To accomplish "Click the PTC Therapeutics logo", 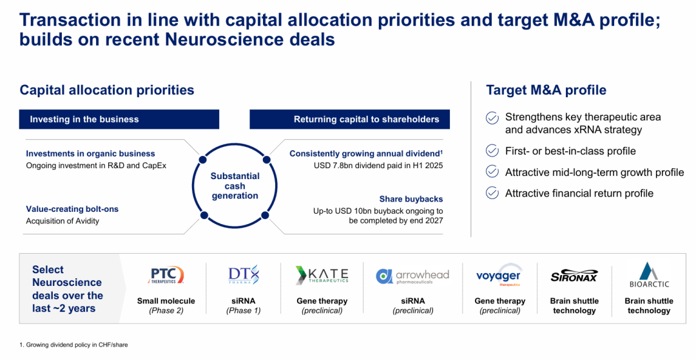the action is pyautogui.click(x=166, y=275).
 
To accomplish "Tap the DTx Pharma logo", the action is pyautogui.click(x=243, y=275).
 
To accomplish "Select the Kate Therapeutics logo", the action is pyautogui.click(x=322, y=275).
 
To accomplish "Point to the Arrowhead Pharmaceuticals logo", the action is pyautogui.click(x=412, y=276).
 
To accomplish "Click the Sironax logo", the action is pyautogui.click(x=574, y=276).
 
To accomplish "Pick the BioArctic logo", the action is pyautogui.click(x=649, y=275).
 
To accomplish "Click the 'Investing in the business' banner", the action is pyautogui.click(x=119, y=119).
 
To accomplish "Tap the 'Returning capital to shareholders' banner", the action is pyautogui.click(x=350, y=119).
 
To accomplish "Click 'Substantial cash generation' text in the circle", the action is pyautogui.click(x=235, y=185).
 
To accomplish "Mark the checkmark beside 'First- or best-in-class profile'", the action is pyautogui.click(x=492, y=151).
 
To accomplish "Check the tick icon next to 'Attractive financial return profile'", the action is pyautogui.click(x=492, y=193).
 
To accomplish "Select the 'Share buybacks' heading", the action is pyautogui.click(x=411, y=199).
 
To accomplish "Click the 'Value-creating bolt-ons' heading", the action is pyautogui.click(x=72, y=209).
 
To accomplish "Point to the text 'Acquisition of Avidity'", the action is pyautogui.click(x=63, y=221).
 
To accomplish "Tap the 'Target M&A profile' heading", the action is pyautogui.click(x=546, y=90).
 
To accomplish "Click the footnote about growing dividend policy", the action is pyautogui.click(x=73, y=345).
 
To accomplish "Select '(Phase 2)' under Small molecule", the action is pyautogui.click(x=166, y=311).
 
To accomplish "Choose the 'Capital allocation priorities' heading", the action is pyautogui.click(x=107, y=90).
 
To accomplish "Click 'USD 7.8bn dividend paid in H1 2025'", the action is pyautogui.click(x=378, y=166).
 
